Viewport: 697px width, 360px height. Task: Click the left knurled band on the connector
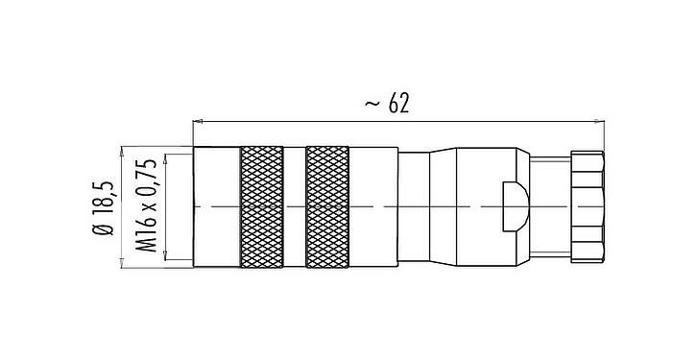(x=260, y=206)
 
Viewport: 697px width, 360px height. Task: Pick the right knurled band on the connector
(x=326, y=206)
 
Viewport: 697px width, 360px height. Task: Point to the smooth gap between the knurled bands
(x=294, y=206)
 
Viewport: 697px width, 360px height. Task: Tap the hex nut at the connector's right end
(x=587, y=206)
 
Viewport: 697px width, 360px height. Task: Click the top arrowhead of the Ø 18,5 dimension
(x=121, y=150)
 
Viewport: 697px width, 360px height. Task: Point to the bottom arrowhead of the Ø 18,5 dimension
(x=121, y=263)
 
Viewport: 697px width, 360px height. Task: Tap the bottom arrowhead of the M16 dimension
(x=167, y=256)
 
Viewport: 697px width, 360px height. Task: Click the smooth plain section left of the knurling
(x=216, y=206)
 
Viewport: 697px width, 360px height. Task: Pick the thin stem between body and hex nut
(x=549, y=206)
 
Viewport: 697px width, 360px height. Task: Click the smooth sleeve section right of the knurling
(x=374, y=206)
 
